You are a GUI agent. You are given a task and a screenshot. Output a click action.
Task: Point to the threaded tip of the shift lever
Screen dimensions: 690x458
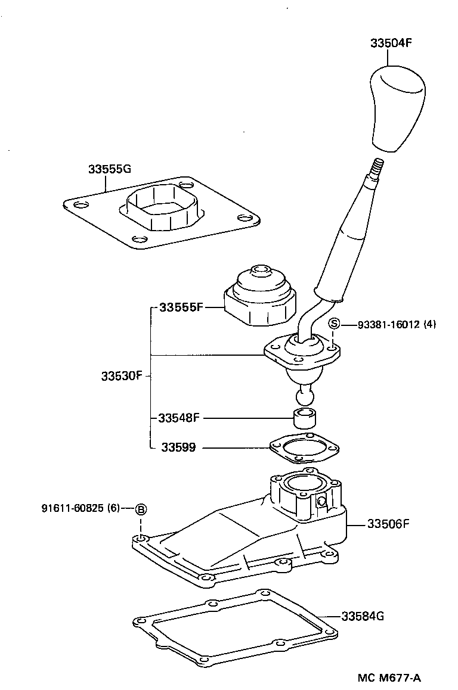tap(377, 166)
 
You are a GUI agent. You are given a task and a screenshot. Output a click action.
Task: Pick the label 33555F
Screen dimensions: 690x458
tap(181, 307)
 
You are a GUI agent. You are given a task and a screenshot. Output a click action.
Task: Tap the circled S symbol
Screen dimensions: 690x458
tap(335, 324)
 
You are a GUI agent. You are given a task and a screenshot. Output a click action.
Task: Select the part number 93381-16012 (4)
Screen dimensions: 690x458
tap(397, 325)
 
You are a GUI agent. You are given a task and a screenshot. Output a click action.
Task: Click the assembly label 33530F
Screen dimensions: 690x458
tap(122, 376)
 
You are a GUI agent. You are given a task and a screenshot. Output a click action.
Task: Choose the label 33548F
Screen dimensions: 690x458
tap(178, 418)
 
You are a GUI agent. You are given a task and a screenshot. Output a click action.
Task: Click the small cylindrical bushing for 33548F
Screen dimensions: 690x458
tap(304, 419)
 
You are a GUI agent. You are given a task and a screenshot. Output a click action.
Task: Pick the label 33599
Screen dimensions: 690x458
tap(178, 447)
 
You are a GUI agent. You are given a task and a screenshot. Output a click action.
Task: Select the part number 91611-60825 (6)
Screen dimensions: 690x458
tap(81, 508)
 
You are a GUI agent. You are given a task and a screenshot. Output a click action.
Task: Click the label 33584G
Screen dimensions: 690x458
tap(363, 616)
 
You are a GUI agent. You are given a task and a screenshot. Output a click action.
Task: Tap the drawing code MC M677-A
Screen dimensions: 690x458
tap(389, 677)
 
